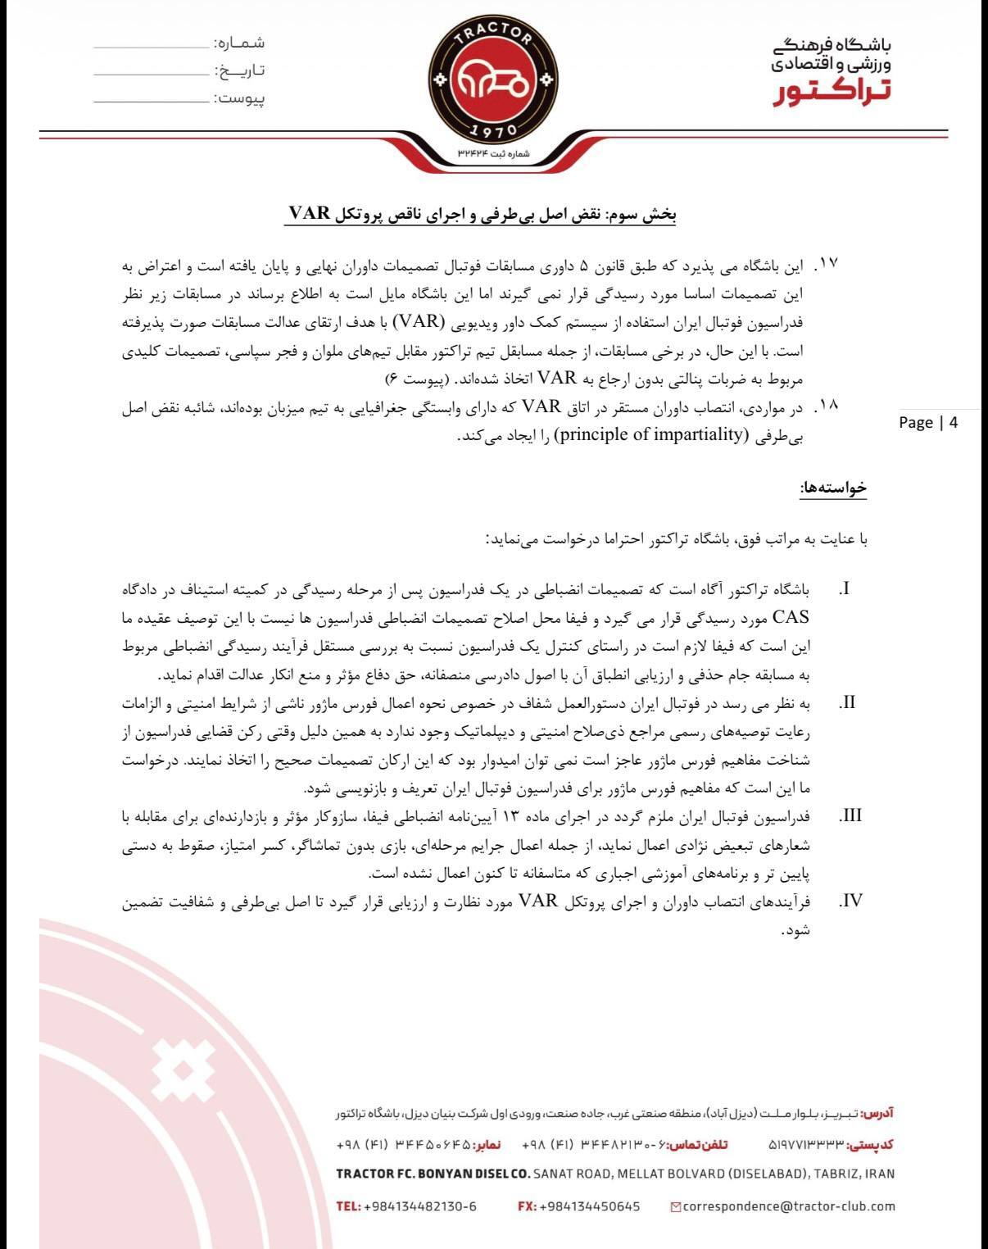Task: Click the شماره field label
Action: [239, 42]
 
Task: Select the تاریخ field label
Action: [238, 70]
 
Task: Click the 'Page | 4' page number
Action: [927, 422]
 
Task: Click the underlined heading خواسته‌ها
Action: [833, 488]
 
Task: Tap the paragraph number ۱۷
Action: [826, 264]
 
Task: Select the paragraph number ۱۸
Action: [826, 406]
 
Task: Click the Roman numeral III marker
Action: [851, 816]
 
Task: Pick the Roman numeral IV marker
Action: [851, 902]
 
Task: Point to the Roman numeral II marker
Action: [848, 703]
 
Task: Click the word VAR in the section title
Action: [308, 214]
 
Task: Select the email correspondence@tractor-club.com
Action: [788, 1206]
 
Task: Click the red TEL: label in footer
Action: [347, 1206]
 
